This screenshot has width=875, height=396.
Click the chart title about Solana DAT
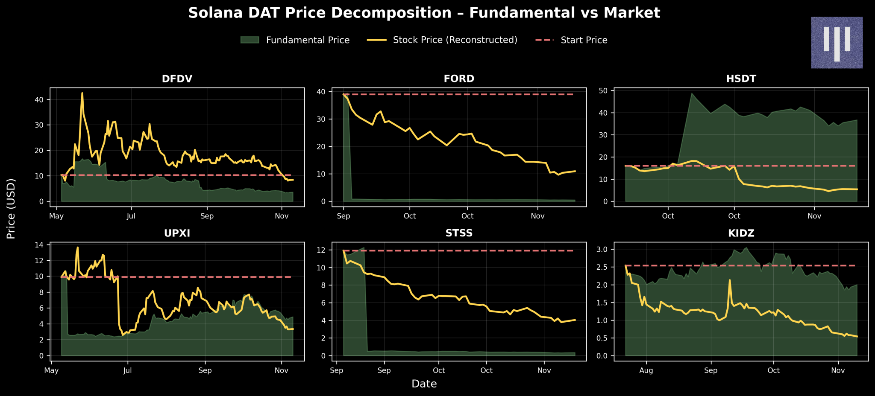pyautogui.click(x=424, y=13)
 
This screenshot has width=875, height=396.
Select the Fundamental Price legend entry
pyautogui.click(x=295, y=40)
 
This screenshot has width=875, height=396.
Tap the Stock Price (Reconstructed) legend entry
pyautogui.click(x=442, y=40)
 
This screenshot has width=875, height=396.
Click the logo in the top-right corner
pyautogui.click(x=837, y=43)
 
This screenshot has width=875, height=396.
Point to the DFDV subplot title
pyautogui.click(x=177, y=79)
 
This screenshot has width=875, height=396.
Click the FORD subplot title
pyautogui.click(x=459, y=79)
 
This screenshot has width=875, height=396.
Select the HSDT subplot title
pyautogui.click(x=741, y=79)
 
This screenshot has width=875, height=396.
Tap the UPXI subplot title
pyautogui.click(x=177, y=233)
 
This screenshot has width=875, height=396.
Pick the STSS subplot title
pyautogui.click(x=459, y=233)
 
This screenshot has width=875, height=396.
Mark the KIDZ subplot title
pyautogui.click(x=741, y=233)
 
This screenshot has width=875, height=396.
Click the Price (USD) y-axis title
pyautogui.click(x=11, y=209)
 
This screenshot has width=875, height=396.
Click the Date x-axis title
pyautogui.click(x=424, y=384)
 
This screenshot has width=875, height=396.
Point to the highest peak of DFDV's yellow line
pyautogui.click(x=82, y=93)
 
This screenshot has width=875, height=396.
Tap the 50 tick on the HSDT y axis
pyautogui.click(x=605, y=91)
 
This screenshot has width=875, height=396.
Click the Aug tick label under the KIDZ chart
pyautogui.click(x=646, y=370)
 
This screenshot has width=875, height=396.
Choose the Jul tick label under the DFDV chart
pyautogui.click(x=131, y=216)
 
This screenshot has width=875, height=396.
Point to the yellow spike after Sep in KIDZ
pyautogui.click(x=730, y=280)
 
